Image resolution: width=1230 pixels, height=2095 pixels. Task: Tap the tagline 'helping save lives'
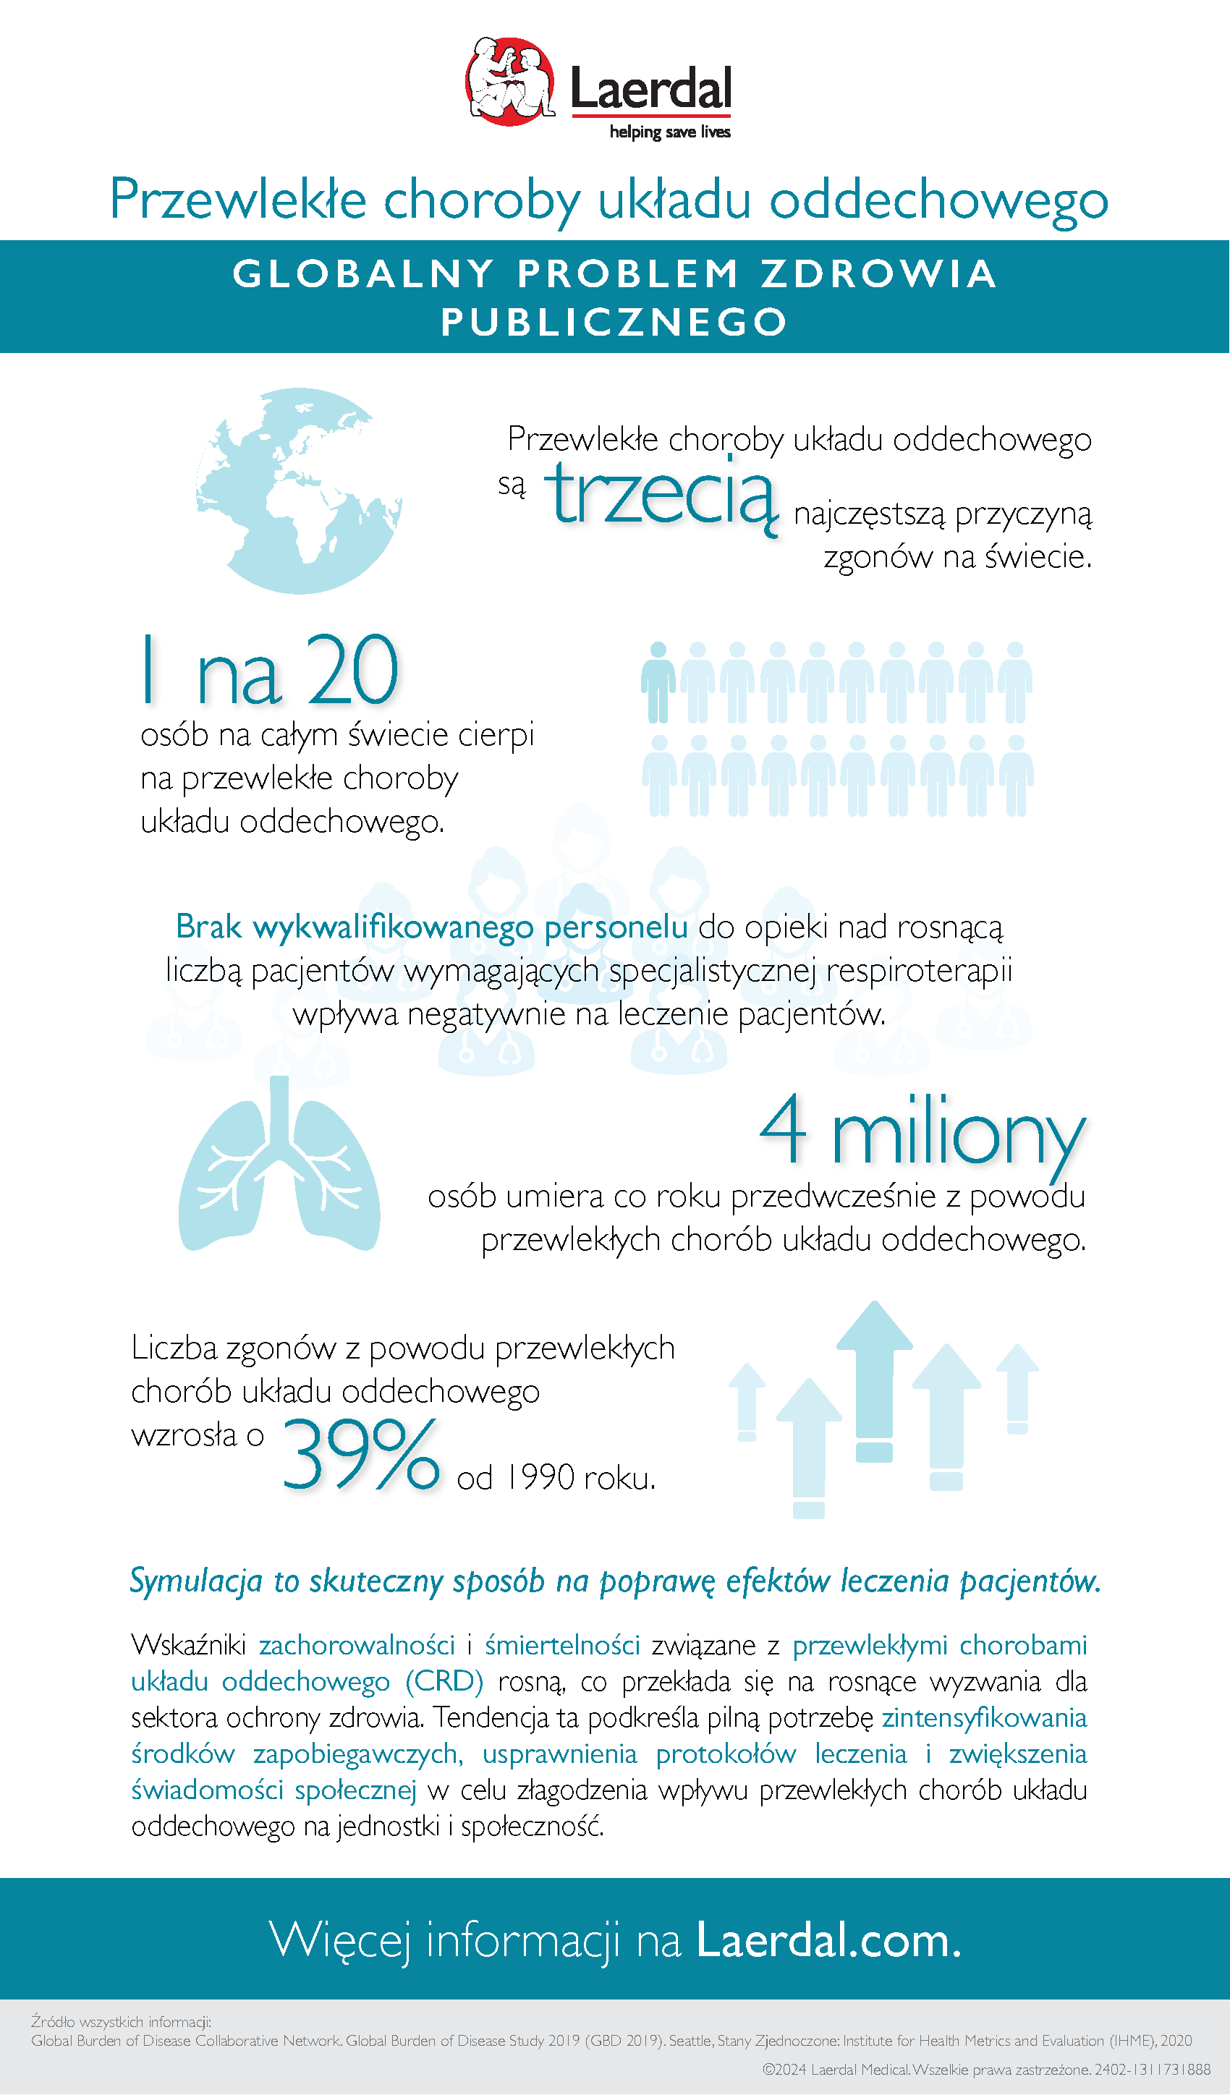pyautogui.click(x=669, y=132)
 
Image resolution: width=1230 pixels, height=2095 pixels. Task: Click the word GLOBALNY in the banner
pyautogui.click(x=363, y=274)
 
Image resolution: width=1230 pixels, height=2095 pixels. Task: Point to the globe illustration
pyautogui.click(x=300, y=490)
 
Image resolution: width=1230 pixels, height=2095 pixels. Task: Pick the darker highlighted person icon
pyautogui.click(x=658, y=681)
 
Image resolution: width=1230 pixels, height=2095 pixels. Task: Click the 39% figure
pyautogui.click(x=360, y=1454)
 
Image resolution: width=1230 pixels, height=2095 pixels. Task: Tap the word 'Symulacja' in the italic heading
pyautogui.click(x=196, y=1581)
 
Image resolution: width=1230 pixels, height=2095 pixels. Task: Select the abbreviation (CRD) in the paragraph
pyautogui.click(x=444, y=1681)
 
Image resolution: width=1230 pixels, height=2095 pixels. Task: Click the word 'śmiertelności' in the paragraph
pyautogui.click(x=562, y=1644)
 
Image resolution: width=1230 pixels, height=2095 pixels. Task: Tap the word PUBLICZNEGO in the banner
pyautogui.click(x=614, y=323)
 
